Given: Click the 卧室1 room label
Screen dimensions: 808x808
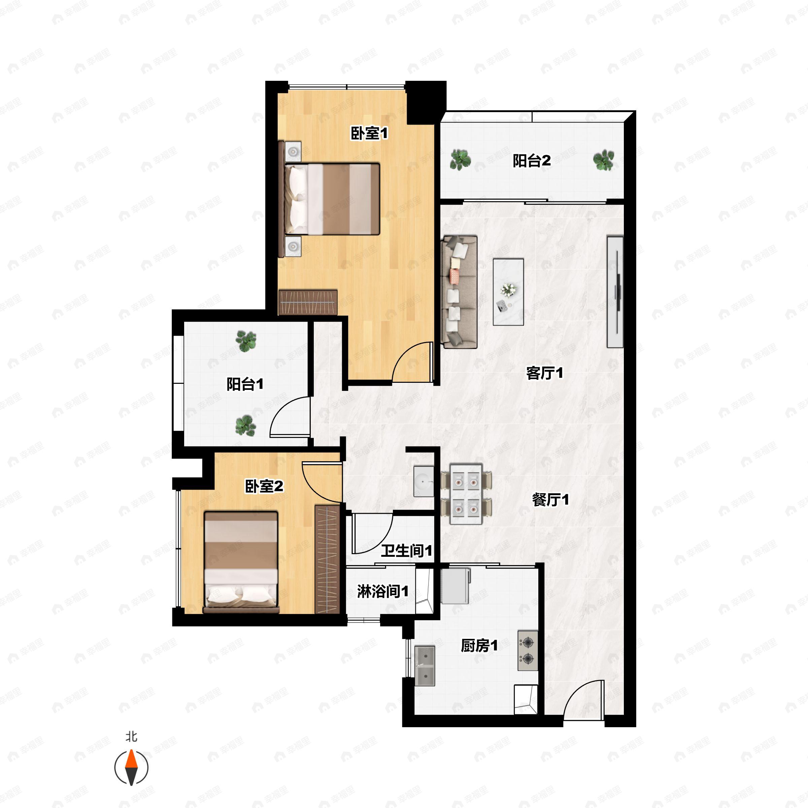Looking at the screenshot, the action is click(x=369, y=133).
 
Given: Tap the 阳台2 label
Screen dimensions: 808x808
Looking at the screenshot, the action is click(x=532, y=161).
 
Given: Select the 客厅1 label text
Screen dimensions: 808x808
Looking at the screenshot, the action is click(x=544, y=373).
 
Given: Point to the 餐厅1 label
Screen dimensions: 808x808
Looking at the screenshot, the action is click(x=550, y=499).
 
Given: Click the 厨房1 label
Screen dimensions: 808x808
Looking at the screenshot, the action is click(x=479, y=646).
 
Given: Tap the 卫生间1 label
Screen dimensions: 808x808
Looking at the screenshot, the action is click(x=406, y=551).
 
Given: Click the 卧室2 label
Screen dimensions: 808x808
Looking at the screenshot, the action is click(x=264, y=486).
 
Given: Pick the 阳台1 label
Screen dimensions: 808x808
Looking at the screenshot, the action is click(x=245, y=384).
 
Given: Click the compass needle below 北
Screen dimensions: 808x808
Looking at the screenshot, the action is click(x=131, y=768).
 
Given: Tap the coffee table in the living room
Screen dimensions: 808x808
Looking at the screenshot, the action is click(x=508, y=292).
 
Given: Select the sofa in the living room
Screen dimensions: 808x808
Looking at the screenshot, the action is click(x=460, y=292).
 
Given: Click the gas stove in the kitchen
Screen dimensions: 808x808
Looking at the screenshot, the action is click(x=528, y=651).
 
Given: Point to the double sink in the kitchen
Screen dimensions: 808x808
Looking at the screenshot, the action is click(x=425, y=666).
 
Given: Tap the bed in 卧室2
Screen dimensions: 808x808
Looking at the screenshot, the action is click(x=241, y=562).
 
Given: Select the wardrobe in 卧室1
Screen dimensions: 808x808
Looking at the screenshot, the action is click(x=308, y=302).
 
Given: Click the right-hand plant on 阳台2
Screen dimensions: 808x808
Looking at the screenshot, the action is click(x=604, y=160).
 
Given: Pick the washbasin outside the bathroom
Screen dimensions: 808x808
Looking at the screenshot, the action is click(x=424, y=481).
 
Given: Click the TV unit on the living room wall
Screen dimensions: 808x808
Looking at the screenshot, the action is click(x=615, y=292).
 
